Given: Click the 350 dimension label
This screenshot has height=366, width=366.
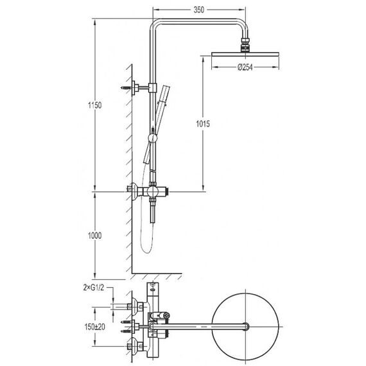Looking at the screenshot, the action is click(198, 10).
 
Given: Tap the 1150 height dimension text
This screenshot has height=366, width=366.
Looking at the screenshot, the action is click(95, 105).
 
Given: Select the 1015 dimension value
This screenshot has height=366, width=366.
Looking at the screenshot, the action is click(203, 124).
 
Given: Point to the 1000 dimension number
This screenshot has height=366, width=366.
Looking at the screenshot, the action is click(95, 236).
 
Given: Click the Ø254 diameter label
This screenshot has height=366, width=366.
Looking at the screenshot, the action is click(245, 67).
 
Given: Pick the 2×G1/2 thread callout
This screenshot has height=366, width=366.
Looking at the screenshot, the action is click(93, 288).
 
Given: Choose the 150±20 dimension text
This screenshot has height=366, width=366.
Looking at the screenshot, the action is click(95, 327).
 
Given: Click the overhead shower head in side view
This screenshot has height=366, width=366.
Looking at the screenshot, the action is click(245, 54).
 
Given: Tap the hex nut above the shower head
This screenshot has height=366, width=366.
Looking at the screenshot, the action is click(245, 42).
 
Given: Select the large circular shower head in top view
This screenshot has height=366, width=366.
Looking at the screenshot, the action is click(245, 327).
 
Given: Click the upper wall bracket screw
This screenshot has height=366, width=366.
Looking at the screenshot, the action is click(126, 88).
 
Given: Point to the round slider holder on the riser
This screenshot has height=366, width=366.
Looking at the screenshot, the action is click(153, 137).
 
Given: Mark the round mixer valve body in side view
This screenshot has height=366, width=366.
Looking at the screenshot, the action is click(153, 192).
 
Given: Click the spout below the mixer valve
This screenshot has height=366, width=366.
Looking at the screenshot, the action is click(152, 211).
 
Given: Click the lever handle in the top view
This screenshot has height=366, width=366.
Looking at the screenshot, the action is click(160, 316).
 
